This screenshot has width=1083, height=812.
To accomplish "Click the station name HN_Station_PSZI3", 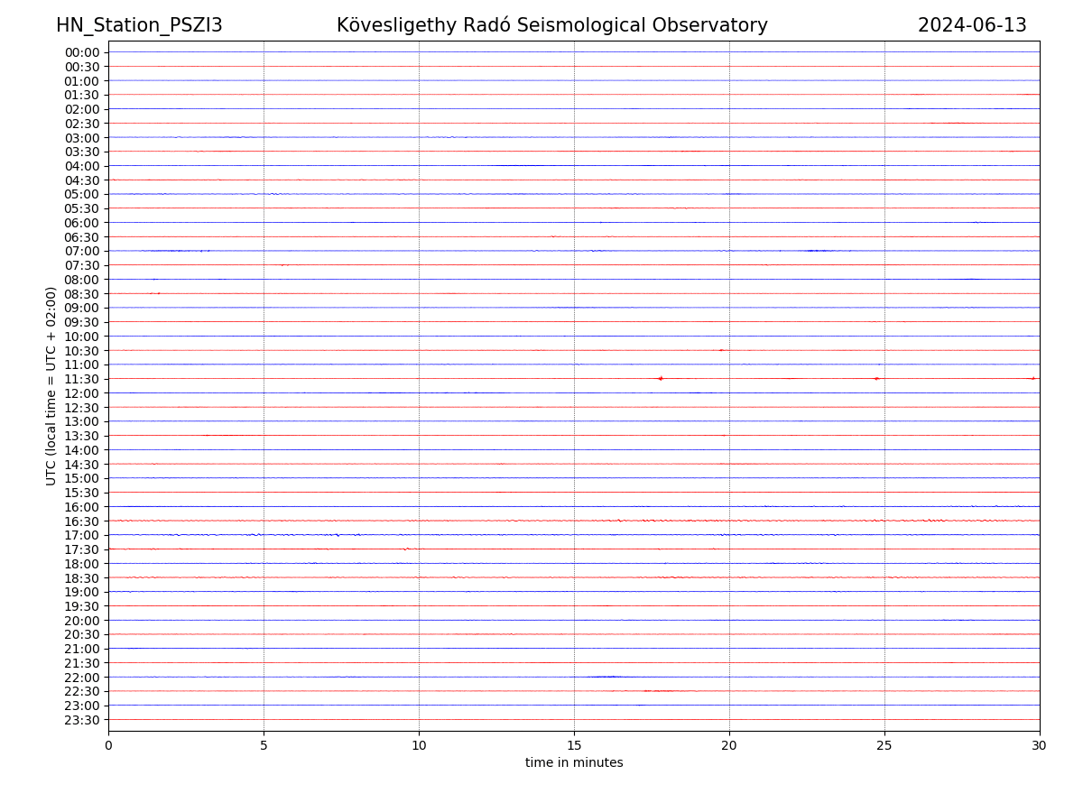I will (x=139, y=26).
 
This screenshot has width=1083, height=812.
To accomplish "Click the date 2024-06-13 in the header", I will (x=972, y=26).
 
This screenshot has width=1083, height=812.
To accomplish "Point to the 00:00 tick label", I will (x=81, y=52).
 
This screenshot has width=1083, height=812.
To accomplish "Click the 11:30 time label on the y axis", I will (x=81, y=379).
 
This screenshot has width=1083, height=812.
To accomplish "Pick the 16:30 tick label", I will (x=81, y=521).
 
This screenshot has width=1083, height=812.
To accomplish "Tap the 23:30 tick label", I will (x=81, y=720).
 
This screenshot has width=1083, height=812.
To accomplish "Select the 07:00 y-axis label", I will (x=81, y=251).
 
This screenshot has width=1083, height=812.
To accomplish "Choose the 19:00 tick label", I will (x=81, y=592).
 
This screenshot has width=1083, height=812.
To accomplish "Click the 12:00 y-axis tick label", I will (x=81, y=393).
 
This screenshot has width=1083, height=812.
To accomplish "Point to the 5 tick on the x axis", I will (x=264, y=746).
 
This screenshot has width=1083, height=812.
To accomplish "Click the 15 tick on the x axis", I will (x=574, y=746).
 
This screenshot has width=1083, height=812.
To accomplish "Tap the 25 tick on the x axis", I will (x=884, y=746).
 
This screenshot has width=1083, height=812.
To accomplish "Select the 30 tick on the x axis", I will (x=1040, y=746).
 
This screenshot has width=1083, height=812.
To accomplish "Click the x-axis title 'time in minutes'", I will (x=574, y=763).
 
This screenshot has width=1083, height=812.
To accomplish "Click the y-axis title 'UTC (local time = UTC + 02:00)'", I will (x=52, y=386).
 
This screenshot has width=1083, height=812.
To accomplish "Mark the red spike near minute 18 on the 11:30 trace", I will (x=661, y=378).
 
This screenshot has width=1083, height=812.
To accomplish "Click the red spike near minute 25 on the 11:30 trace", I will (x=876, y=378).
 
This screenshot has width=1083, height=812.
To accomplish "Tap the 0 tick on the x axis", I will (x=108, y=746).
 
